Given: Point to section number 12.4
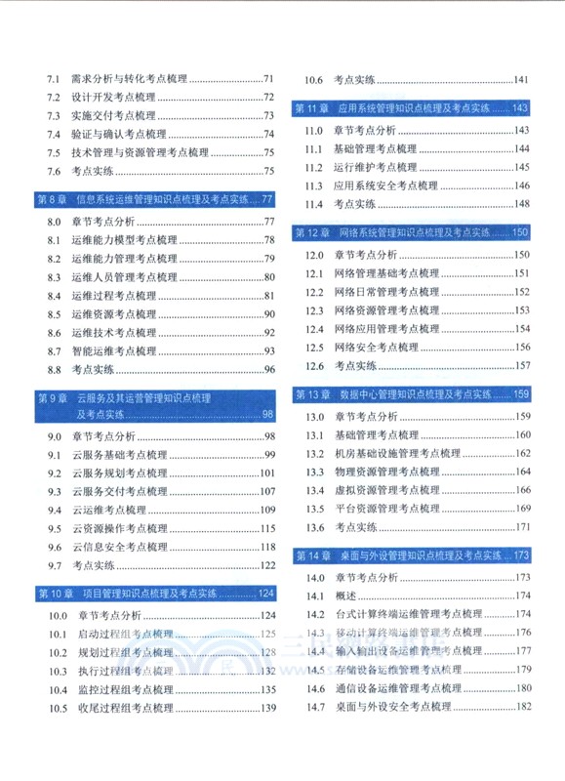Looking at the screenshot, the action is (x=313, y=329).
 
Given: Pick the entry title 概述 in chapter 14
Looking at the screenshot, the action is (x=344, y=596).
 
